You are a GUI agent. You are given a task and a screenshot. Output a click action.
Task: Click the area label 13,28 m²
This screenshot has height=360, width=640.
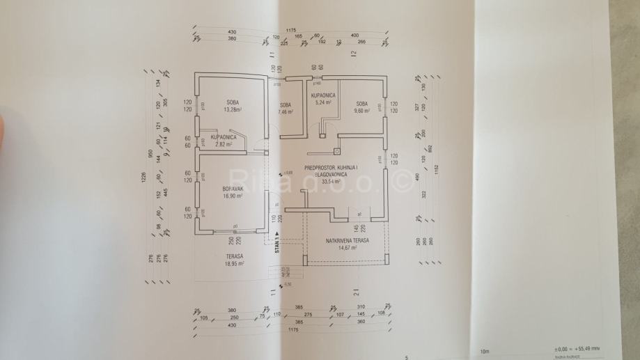click(x=232, y=110)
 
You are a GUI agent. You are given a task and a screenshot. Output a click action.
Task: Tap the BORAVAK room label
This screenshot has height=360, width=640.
click(x=232, y=189)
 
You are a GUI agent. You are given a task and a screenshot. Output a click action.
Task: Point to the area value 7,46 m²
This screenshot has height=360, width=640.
click(x=286, y=111)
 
